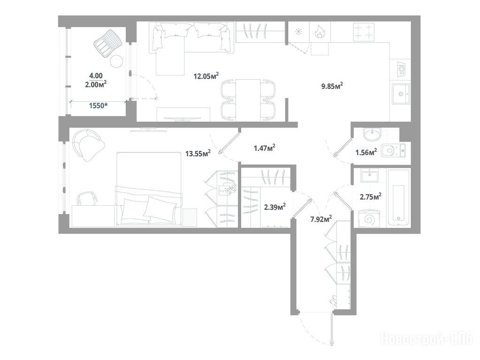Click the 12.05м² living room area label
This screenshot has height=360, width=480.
coord(206,75)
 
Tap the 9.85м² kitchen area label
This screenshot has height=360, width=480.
coord(332,86)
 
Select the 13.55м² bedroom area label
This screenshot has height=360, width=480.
coord(198,153)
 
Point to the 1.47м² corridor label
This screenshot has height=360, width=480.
coord(265,148)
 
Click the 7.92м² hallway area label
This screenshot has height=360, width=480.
coord(321,219)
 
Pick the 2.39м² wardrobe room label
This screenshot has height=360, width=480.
coord(275,207)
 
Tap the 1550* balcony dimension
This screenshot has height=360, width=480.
coord(99,106)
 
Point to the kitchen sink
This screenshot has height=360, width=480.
coord(400,94)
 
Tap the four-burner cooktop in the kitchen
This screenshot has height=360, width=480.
coord(364,32)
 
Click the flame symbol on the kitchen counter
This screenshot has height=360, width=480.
coord(320,32)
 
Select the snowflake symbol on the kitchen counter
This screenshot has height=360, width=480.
coord(298,32)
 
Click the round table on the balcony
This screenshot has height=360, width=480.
coord(116,61)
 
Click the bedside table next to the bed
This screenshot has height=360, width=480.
coord(190,217)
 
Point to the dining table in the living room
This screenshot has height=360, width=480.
coord(248,100)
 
